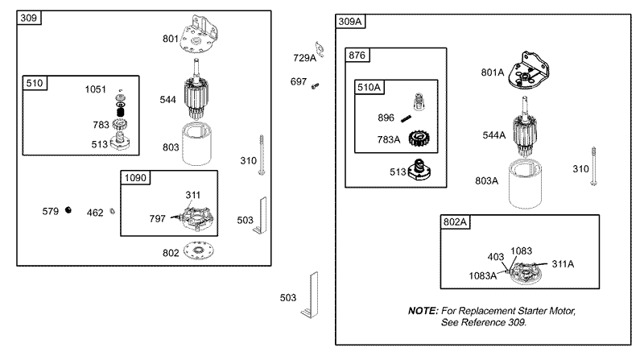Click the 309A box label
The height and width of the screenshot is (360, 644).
(350, 22)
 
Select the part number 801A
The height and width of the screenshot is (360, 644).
(493, 72)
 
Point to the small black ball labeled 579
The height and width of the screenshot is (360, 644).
(68, 210)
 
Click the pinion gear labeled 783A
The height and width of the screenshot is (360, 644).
(419, 139)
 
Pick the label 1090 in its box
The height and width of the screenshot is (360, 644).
(135, 177)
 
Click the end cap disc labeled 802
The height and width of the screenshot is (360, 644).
(199, 250)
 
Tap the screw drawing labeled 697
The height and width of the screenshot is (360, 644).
(315, 86)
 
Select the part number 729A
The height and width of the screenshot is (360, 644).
(305, 58)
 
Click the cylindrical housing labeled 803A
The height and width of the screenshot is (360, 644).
(525, 184)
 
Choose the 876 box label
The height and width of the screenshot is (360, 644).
(357, 55)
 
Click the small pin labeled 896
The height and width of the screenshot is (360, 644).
(407, 118)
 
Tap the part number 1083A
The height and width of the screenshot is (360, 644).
(482, 275)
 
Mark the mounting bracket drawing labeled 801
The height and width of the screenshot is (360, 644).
(199, 35)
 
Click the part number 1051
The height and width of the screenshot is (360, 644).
(95, 89)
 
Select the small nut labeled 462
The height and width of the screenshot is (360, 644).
(112, 212)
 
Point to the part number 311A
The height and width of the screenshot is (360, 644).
(563, 264)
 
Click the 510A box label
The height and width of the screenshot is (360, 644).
(369, 87)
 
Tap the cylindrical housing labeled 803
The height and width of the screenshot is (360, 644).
(196, 144)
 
